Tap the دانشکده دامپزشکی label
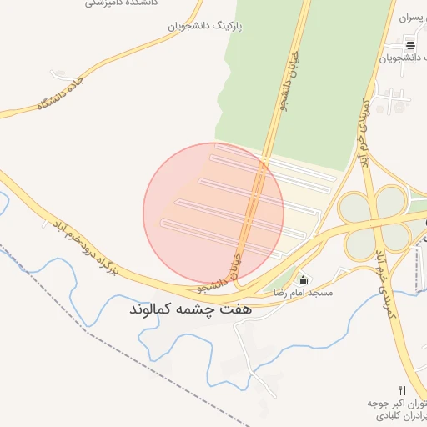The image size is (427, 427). pos(118,3)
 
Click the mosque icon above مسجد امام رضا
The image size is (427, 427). pos(302,279)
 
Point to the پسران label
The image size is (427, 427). pos(412,17)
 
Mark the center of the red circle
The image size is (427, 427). pos(213,213)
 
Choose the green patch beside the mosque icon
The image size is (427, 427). pos(286,277)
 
